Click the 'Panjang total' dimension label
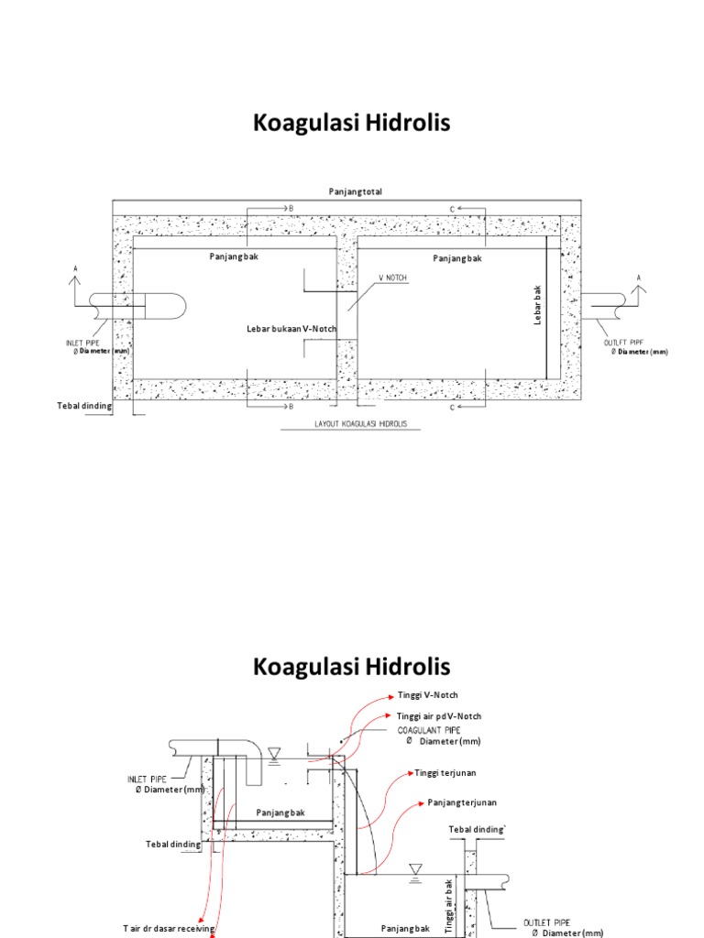pos(356,191)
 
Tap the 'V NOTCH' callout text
pos(392,276)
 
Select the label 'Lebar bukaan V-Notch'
pos(291,328)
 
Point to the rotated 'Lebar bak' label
pos(539,304)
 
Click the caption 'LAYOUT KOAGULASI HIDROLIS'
pos(362,424)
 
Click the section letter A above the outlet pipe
pos(639,277)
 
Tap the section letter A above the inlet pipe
pos(75,269)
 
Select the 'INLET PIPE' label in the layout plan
pos(89,343)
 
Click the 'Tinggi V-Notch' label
pos(427,695)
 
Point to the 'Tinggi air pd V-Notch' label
pos(439,715)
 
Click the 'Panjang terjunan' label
pos(462,802)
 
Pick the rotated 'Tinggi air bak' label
pos(449,905)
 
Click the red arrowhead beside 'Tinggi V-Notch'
pos(390,696)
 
